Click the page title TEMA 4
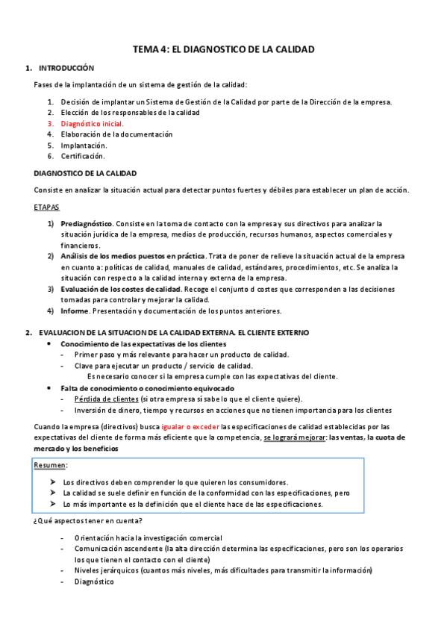[223, 49]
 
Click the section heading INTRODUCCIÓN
[66, 68]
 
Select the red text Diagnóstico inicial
[92, 124]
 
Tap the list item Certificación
[83, 156]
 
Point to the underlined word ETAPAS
[48, 206]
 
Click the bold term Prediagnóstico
[87, 223]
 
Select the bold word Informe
[75, 311]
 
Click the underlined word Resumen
[50, 466]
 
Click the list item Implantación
[84, 146]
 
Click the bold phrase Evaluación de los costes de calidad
[121, 289]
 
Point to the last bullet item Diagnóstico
[94, 581]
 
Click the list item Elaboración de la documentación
[116, 134]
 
